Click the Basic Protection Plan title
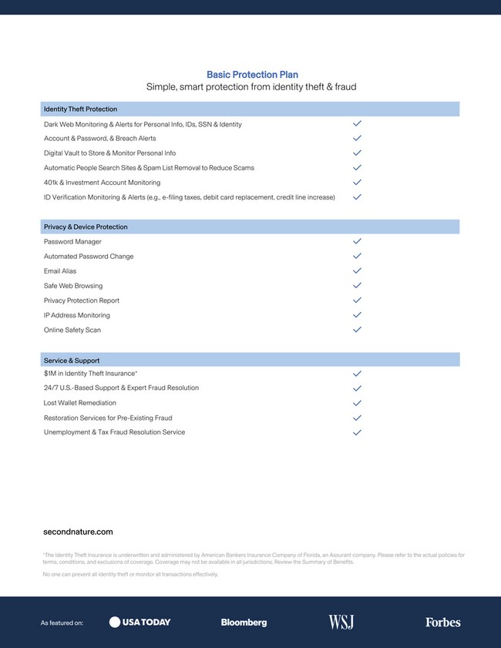pyautogui.click(x=252, y=75)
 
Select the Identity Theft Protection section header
pyautogui.click(x=80, y=109)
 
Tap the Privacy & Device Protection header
pyautogui.click(x=86, y=227)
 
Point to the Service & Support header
pyautogui.click(x=72, y=361)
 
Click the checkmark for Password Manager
pyautogui.click(x=357, y=241)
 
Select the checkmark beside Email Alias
pyautogui.click(x=357, y=270)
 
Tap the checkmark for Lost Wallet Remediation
pyautogui.click(x=357, y=403)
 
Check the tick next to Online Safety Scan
pyautogui.click(x=357, y=330)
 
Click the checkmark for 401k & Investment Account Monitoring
pyautogui.click(x=357, y=183)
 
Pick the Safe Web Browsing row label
pyautogui.click(x=73, y=286)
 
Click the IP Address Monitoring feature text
pyautogui.click(x=77, y=315)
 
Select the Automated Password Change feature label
pyautogui.click(x=89, y=257)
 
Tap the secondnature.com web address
pyautogui.click(x=78, y=532)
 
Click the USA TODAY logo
pyautogui.click(x=140, y=622)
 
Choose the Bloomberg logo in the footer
pyautogui.click(x=244, y=623)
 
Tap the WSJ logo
pyautogui.click(x=341, y=622)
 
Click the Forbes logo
pyautogui.click(x=442, y=623)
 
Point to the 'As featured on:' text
pyautogui.click(x=62, y=623)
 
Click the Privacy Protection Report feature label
pyautogui.click(x=82, y=300)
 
